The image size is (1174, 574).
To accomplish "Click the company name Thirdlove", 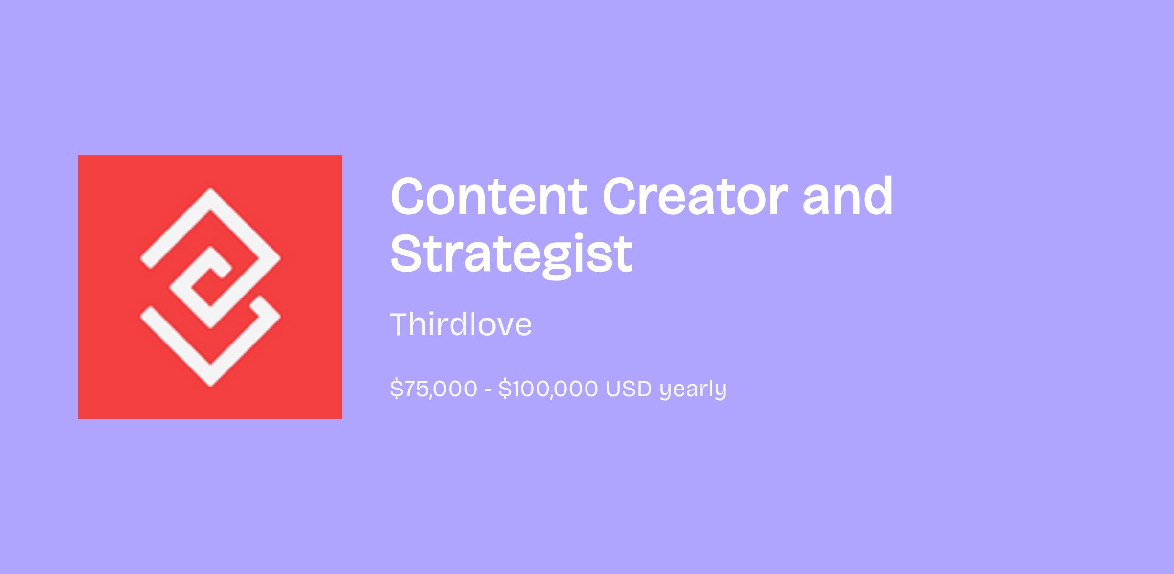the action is coord(461,324).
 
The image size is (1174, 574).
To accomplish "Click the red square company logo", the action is coord(210,287).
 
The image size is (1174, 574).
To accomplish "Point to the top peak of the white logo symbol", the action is coord(210,189).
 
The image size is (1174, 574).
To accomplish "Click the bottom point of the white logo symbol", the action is coord(210,386).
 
